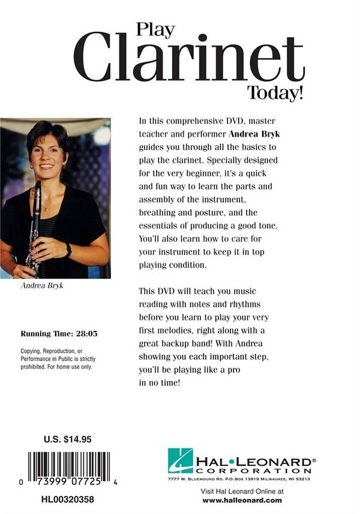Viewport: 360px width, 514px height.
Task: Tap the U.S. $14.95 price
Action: pyautogui.click(x=68, y=439)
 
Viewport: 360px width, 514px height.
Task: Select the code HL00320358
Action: pyautogui.click(x=68, y=498)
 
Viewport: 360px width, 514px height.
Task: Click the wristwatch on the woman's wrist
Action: pyautogui.click(x=68, y=250)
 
